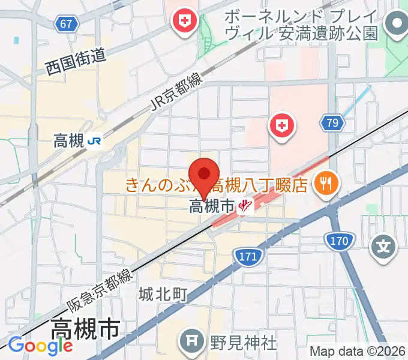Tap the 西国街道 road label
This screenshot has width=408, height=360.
point(76,62)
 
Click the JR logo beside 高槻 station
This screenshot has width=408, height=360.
point(94,142)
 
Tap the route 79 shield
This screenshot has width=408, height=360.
point(331,124)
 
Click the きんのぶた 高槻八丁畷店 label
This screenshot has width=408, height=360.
point(217,184)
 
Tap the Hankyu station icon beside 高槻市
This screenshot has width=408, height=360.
point(245,207)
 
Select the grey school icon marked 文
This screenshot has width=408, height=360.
point(385,247)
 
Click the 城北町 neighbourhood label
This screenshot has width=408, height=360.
point(163,295)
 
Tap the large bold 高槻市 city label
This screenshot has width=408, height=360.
point(85,329)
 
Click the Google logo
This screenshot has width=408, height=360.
point(40,346)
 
